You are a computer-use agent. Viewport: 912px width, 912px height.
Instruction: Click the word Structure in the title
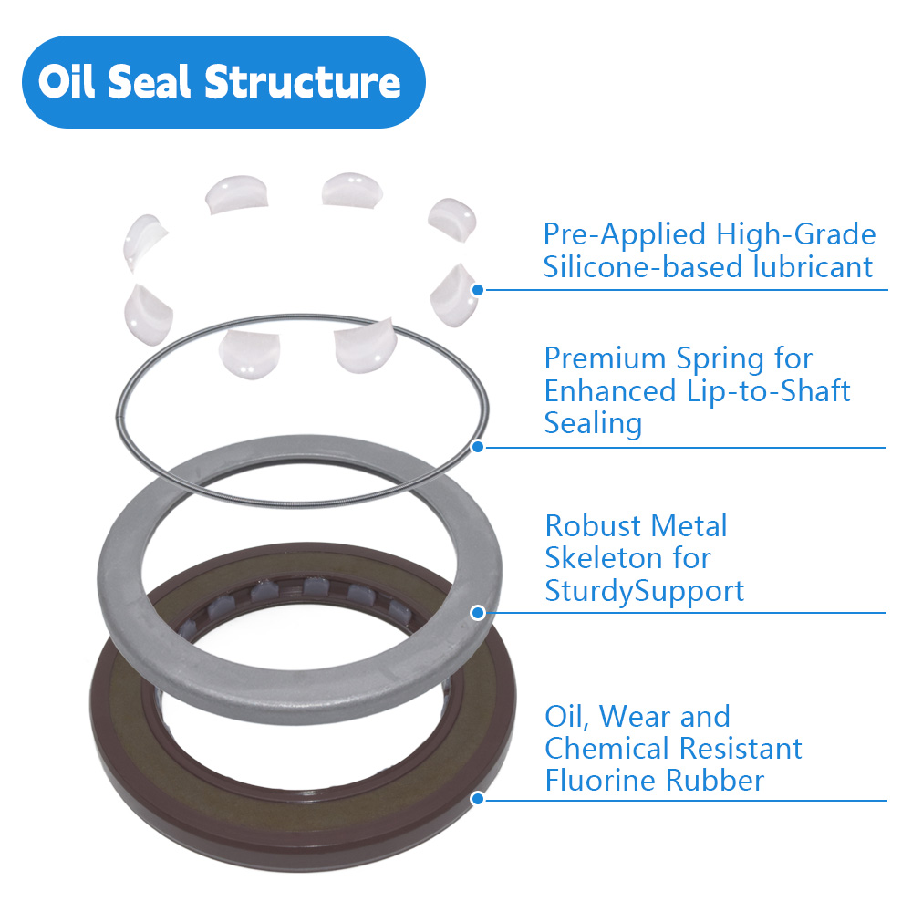click(302, 82)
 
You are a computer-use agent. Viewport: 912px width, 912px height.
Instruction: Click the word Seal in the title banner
click(151, 82)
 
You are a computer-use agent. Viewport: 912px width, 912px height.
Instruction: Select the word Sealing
click(593, 424)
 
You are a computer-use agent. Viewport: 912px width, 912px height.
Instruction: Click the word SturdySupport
click(644, 591)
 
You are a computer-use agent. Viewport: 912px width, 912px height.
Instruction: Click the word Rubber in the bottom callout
click(719, 782)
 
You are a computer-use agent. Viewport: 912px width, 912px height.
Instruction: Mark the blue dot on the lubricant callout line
click(477, 289)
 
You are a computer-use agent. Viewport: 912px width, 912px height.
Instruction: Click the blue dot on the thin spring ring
click(477, 447)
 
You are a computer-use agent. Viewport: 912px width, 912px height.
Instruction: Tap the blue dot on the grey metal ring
click(477, 613)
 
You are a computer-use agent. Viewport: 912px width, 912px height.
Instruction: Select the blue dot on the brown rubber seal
click(477, 800)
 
